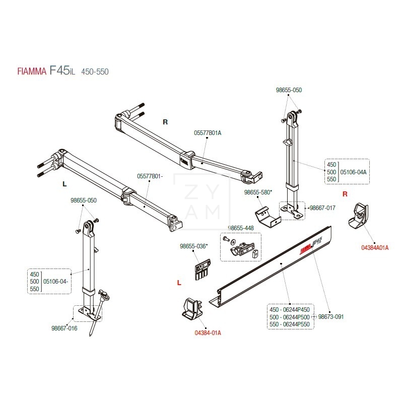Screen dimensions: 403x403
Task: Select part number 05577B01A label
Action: coord(207,132)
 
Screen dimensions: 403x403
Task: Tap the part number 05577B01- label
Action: coord(150,176)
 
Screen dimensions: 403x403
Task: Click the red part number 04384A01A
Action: coord(375,247)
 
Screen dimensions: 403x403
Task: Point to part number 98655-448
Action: coord(241,228)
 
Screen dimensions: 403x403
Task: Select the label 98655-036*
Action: coord(193,246)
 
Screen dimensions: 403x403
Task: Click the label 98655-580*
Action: coord(258,192)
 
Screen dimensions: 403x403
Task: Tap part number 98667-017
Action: coord(322,208)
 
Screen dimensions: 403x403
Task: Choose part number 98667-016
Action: coord(64,327)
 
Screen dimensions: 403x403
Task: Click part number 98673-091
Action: coord(330,317)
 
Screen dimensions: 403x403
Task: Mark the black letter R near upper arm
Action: coord(165,122)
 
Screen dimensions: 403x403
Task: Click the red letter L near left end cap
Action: coord(179,283)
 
